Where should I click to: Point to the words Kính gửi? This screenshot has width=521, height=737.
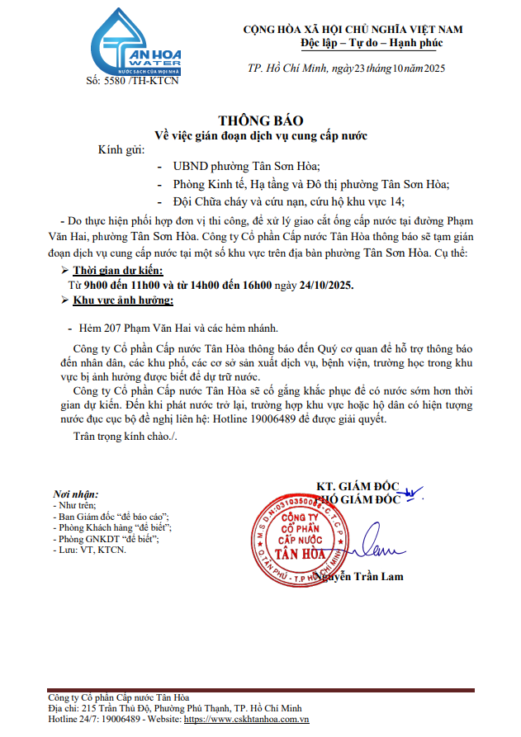coord(121,150)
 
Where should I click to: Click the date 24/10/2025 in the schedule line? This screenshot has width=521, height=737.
coord(326,286)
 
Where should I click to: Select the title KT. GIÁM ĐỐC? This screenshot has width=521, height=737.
coord(358,485)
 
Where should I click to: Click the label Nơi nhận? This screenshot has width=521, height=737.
coord(75,493)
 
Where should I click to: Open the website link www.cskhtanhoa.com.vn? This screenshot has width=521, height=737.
coord(246,720)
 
